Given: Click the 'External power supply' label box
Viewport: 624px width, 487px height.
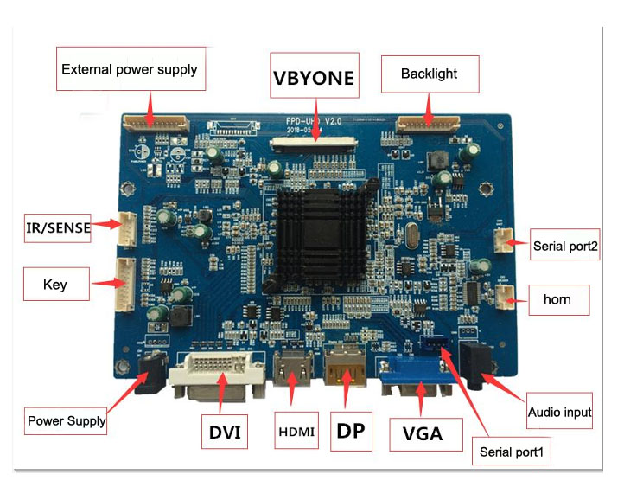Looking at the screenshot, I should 131,69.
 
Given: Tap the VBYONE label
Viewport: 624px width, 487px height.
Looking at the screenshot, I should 313,77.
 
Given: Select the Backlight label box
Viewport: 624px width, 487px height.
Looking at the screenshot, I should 430,74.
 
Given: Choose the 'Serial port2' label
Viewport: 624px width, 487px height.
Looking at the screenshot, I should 566,245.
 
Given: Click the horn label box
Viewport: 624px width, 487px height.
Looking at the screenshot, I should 557,300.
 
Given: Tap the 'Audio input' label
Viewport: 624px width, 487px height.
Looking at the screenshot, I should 560,413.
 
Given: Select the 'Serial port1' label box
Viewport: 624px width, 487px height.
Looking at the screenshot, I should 514,451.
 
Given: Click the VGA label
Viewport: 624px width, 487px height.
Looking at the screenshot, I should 422,433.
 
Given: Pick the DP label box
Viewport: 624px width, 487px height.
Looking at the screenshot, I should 353,431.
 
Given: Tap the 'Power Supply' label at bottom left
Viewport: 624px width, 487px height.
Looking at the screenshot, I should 66,421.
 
